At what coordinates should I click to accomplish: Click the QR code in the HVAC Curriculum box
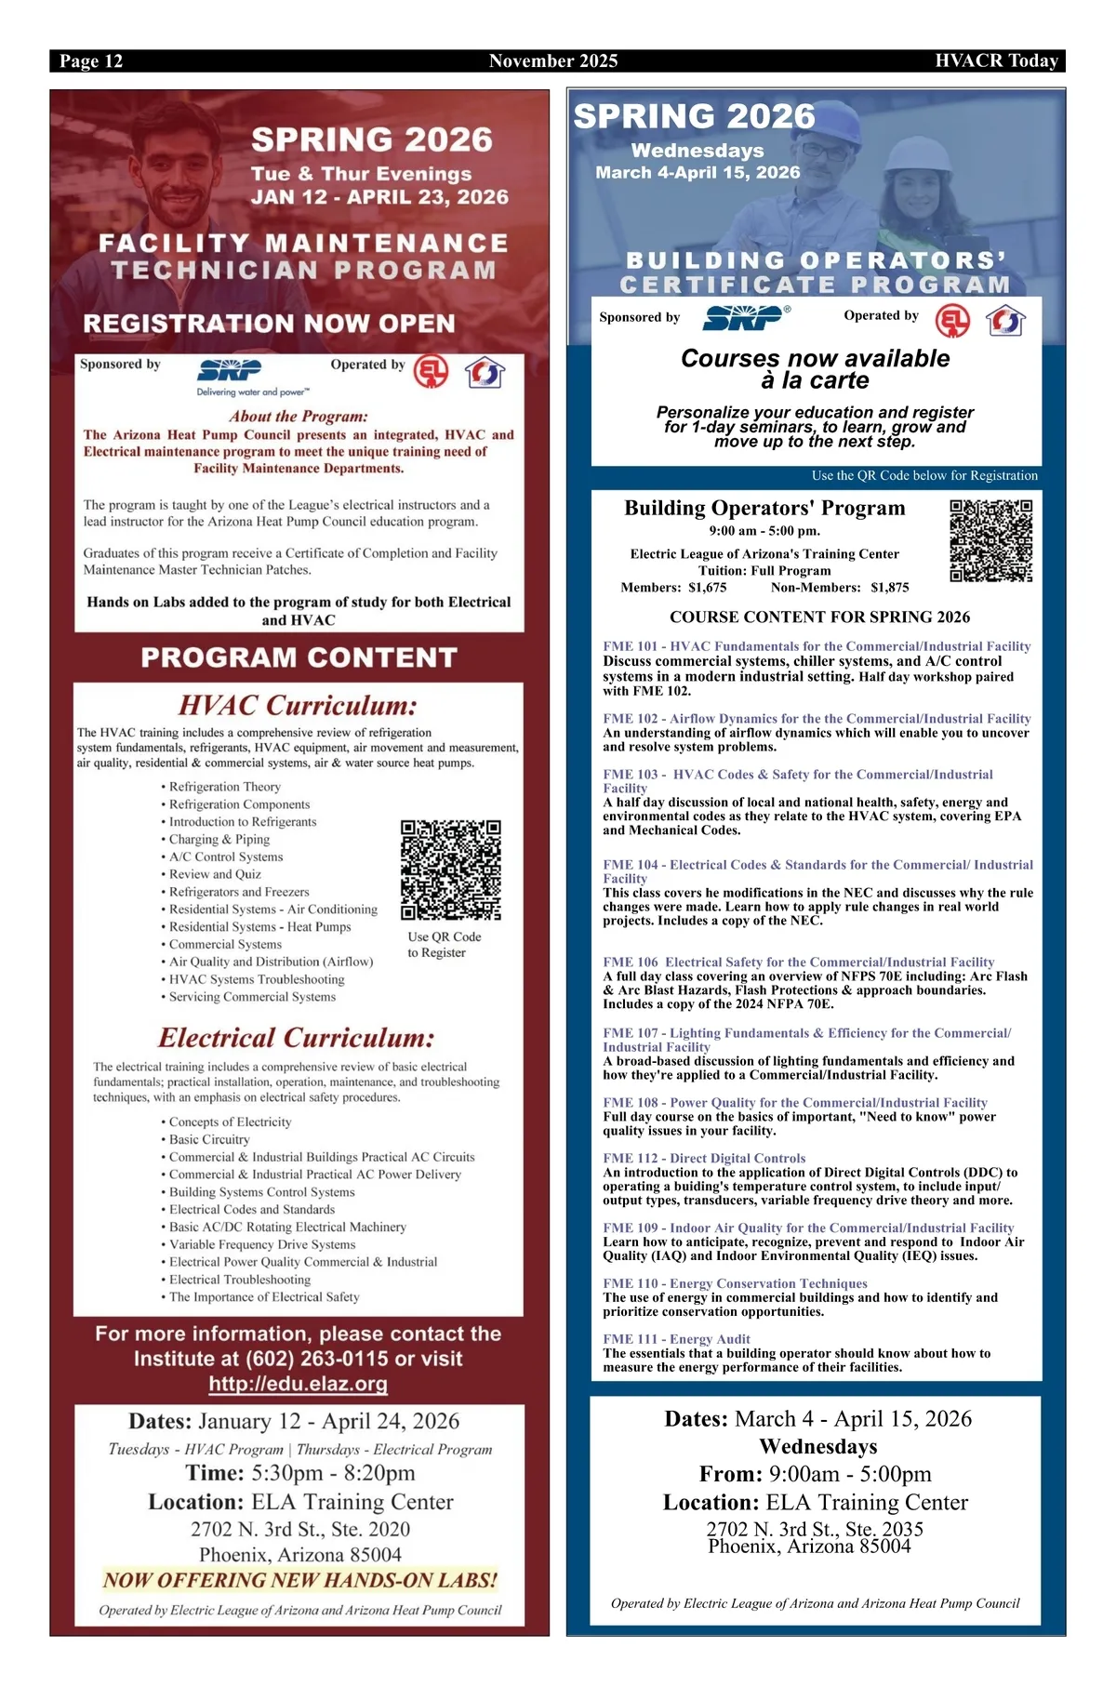(451, 870)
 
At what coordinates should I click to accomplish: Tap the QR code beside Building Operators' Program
(990, 540)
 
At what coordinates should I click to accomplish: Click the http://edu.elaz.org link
(298, 1384)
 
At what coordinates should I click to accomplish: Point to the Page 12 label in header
(91, 61)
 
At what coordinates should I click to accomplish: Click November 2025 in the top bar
(553, 61)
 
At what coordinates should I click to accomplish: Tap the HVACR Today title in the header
(996, 61)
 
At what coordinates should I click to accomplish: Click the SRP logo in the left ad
(230, 370)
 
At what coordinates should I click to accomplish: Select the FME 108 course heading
(795, 1102)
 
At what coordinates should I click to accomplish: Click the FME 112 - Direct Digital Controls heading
(704, 1158)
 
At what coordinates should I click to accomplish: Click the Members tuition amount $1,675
(707, 588)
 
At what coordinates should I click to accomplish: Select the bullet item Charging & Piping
(219, 839)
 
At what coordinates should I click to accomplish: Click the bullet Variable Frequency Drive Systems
(262, 1244)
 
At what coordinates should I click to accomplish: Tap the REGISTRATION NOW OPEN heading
(269, 324)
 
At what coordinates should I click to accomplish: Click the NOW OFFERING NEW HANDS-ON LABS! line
(299, 1580)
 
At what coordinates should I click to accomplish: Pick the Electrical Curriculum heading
(297, 1038)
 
